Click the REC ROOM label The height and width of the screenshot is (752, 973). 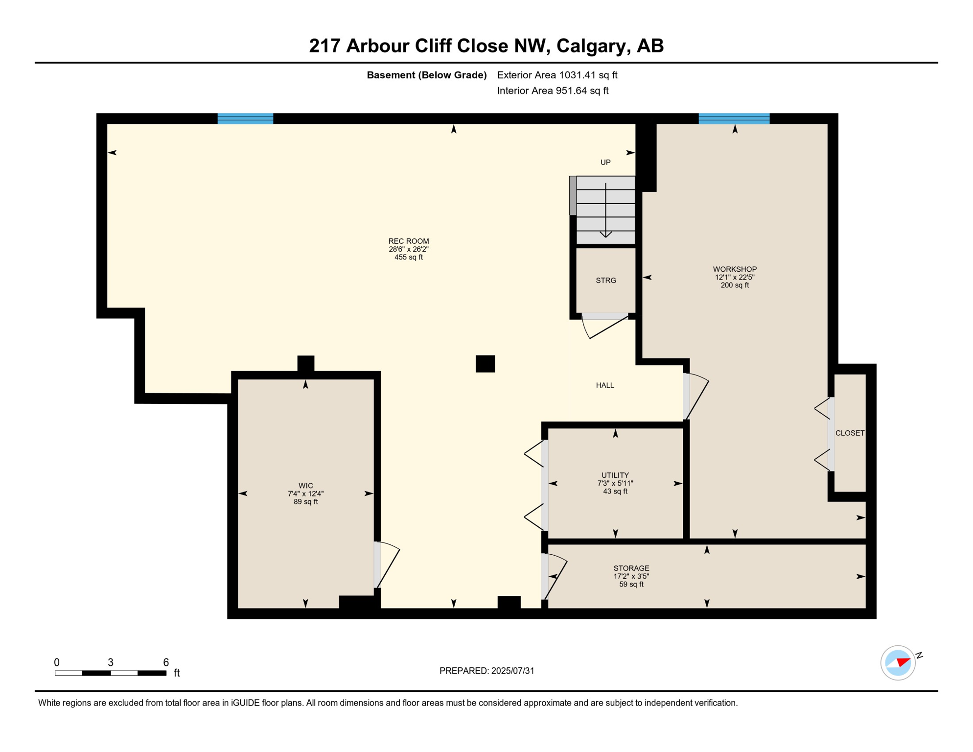click(409, 241)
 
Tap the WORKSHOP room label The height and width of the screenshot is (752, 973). click(735, 269)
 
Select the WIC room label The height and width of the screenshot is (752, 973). click(305, 486)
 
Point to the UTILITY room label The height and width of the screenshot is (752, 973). click(615, 475)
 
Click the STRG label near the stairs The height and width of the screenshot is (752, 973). click(606, 281)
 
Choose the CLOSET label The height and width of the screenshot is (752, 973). click(850, 433)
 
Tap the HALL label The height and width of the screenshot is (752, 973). click(605, 385)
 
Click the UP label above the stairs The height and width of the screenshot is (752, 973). click(605, 163)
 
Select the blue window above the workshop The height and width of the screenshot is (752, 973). click(734, 118)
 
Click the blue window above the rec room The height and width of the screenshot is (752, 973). click(245, 118)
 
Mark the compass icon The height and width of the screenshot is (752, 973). click(898, 663)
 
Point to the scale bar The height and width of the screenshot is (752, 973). click(111, 673)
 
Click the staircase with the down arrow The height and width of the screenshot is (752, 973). click(606, 211)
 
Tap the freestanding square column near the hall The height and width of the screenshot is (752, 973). click(485, 364)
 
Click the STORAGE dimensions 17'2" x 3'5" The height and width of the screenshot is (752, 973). click(631, 576)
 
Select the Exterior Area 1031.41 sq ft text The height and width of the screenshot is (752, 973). click(557, 75)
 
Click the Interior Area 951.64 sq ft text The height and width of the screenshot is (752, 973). click(553, 91)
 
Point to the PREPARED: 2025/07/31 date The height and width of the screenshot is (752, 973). click(486, 671)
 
